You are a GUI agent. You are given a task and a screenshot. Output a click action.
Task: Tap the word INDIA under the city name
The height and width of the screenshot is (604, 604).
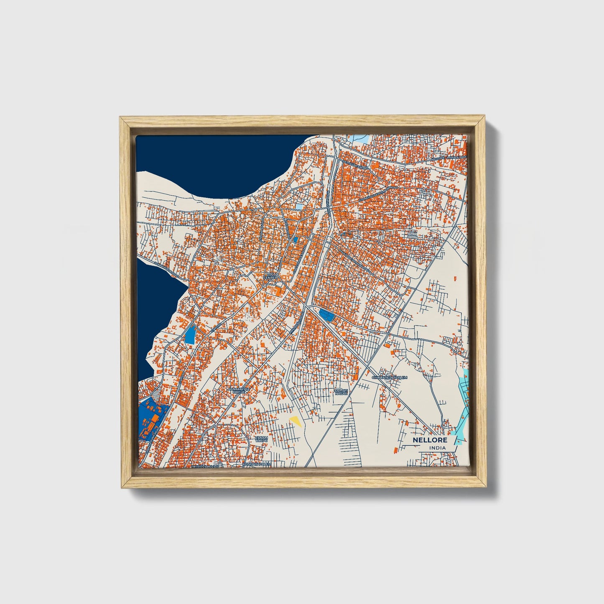(437, 448)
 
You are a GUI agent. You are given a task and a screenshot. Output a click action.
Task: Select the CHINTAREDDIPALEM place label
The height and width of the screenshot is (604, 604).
(389, 377)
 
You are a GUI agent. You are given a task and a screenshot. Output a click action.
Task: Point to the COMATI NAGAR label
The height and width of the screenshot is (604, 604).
(341, 392)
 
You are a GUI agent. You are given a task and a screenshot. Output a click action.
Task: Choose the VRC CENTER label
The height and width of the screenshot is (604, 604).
(272, 276)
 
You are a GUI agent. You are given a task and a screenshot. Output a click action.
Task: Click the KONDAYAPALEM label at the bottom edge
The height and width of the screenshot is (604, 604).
(257, 464)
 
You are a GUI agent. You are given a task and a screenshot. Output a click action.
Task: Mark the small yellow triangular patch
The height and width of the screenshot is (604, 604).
(296, 421)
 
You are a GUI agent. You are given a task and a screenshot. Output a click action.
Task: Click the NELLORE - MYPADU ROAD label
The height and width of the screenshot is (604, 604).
(448, 158)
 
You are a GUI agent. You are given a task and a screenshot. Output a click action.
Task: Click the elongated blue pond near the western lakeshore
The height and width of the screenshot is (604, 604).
(190, 334)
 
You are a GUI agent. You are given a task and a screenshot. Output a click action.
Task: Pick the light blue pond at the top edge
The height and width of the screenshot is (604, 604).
(358, 138)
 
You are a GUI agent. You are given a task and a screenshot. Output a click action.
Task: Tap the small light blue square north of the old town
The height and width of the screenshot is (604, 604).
(299, 206)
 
